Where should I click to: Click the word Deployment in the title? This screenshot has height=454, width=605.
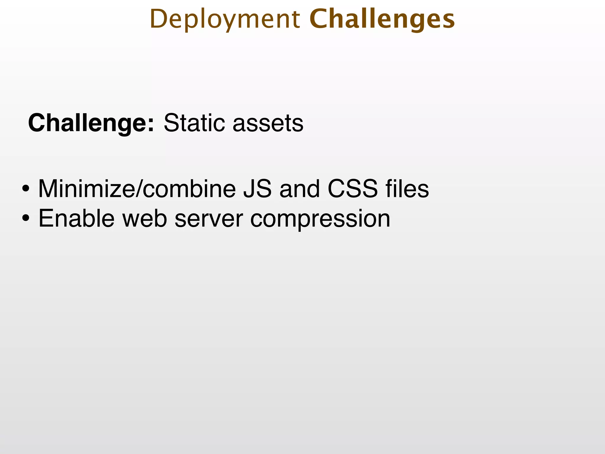point(225,20)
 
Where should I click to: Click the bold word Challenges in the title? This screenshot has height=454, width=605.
point(382,20)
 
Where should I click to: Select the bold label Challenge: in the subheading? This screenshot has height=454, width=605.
point(91,123)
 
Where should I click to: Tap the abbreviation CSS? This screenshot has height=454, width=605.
point(352,189)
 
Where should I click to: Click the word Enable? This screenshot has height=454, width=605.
point(76,218)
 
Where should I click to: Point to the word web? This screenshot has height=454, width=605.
point(145,218)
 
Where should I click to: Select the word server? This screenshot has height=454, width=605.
point(209,219)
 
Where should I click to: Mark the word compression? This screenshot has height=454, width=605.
point(320,219)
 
